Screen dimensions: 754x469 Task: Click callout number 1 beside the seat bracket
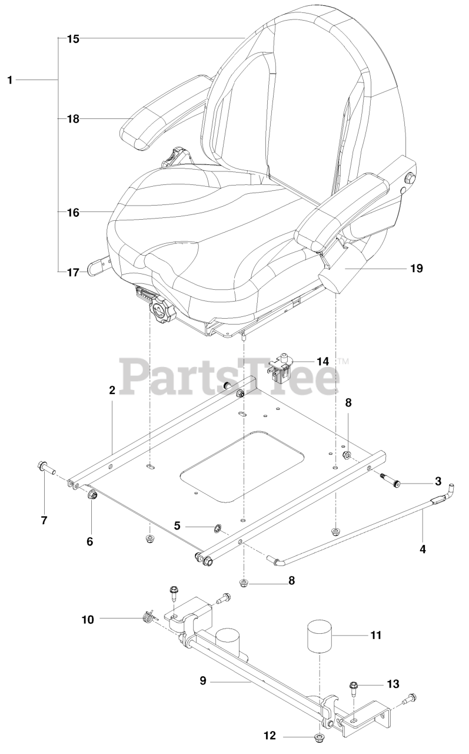coord(9,80)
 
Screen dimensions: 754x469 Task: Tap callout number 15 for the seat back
coord(73,39)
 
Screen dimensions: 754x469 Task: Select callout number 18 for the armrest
coord(73,119)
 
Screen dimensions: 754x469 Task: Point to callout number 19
coord(416,268)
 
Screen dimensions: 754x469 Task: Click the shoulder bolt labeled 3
coord(397,484)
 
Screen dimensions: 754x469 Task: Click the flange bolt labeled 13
coord(355,687)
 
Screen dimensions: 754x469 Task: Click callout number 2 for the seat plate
coord(111,390)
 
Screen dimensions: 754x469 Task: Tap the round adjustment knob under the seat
coord(159,309)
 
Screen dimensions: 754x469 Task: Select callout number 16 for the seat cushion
coord(73,211)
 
